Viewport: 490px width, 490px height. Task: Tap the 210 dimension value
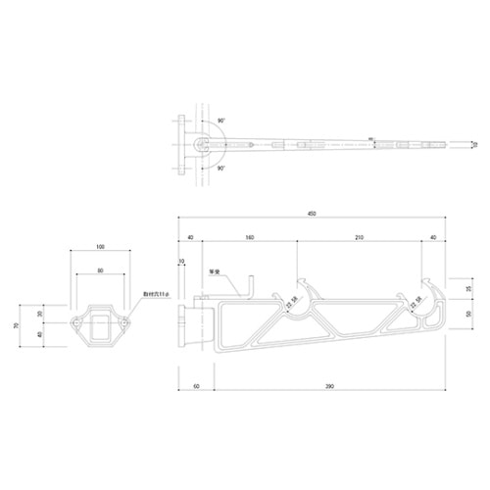(360, 238)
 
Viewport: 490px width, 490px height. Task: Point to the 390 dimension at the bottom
(329, 388)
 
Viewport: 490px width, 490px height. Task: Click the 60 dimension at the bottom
(196, 388)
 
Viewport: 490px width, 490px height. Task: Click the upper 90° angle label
(221, 122)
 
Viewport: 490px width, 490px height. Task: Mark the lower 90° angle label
(221, 169)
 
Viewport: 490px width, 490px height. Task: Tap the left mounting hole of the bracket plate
(76, 321)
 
